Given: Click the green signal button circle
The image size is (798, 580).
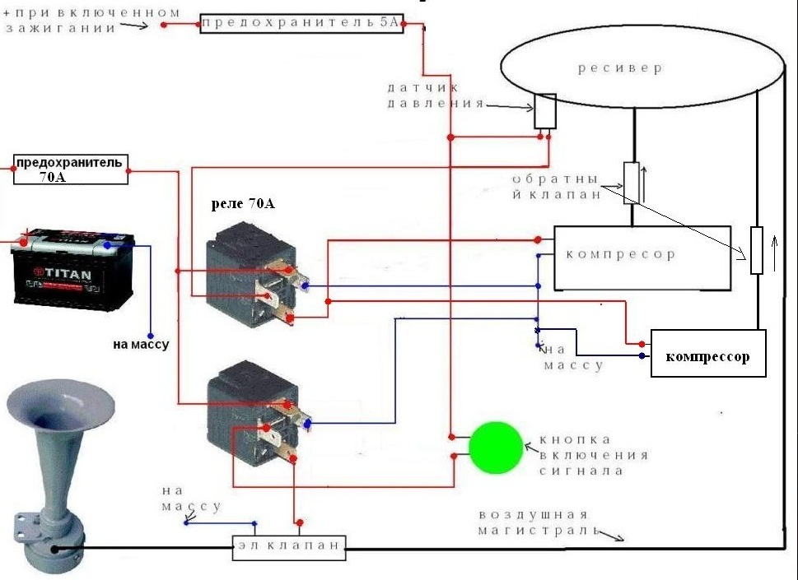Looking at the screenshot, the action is click(496, 448).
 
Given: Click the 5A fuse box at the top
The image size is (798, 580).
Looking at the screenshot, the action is click(301, 23).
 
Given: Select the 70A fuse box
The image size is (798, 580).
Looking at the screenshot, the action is click(70, 169).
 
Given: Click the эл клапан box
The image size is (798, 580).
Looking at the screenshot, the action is click(289, 547).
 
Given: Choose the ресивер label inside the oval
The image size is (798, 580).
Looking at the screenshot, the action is click(620, 68).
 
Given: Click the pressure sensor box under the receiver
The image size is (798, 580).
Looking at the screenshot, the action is click(544, 111).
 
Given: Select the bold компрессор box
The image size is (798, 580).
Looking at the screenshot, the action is click(708, 353).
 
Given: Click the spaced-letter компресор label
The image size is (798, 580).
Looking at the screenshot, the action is click(620, 253).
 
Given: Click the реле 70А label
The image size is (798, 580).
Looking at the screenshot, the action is click(243, 204).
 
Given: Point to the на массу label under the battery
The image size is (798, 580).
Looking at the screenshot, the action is click(141, 344).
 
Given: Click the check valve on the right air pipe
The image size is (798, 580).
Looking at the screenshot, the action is click(757, 251).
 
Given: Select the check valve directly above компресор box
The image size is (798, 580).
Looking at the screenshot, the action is click(632, 183).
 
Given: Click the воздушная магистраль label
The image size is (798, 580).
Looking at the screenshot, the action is click(539, 522).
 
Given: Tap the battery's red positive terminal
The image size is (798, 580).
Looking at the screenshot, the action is click(23, 242).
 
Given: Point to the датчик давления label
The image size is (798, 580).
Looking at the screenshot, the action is click(436, 95).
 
